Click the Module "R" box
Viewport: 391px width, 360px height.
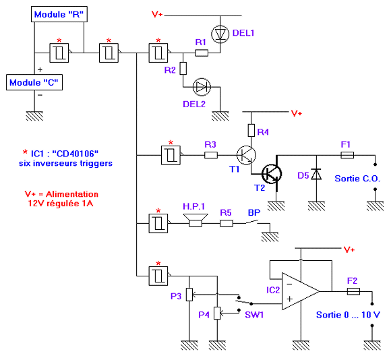[x=59, y=14]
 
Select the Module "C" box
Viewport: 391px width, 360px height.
[x=34, y=82]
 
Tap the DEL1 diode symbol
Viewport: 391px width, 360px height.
[x=220, y=34]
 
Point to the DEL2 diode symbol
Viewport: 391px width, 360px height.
[x=202, y=87]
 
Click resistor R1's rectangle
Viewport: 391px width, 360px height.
[x=202, y=53]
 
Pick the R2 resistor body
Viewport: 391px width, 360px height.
[x=183, y=68]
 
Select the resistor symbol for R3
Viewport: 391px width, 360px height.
[x=211, y=155]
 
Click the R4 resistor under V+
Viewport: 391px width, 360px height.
[x=251, y=130]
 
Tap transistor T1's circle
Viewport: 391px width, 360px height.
[x=246, y=155]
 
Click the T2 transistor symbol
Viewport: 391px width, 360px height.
[x=272, y=174]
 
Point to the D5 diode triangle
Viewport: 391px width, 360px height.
[x=316, y=174]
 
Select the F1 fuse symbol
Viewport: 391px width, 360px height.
[x=347, y=155]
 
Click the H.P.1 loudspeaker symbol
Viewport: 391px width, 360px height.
[x=195, y=220]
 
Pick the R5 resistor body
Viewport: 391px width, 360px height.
[x=227, y=223]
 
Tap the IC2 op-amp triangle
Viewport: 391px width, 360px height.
[x=301, y=291]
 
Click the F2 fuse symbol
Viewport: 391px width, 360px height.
[x=353, y=291]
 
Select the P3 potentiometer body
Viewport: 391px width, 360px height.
[x=189, y=295]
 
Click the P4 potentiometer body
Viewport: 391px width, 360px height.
[x=217, y=313]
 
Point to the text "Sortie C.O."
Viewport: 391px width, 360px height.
[x=357, y=179]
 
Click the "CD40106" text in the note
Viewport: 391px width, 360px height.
[x=76, y=154]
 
